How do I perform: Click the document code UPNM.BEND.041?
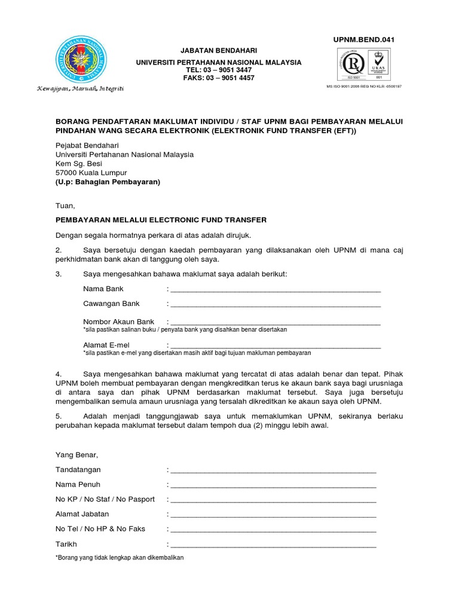(x=364, y=39)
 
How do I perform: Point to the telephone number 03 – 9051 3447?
(x=228, y=70)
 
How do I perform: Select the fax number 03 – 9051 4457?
(x=230, y=78)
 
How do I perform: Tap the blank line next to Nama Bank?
(x=276, y=290)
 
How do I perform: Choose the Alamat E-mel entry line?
(x=276, y=345)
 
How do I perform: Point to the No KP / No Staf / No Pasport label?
(x=105, y=499)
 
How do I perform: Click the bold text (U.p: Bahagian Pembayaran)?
(x=108, y=182)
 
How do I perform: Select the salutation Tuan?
(x=66, y=206)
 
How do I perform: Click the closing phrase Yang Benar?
(x=76, y=455)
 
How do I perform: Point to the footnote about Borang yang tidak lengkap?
(x=120, y=557)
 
